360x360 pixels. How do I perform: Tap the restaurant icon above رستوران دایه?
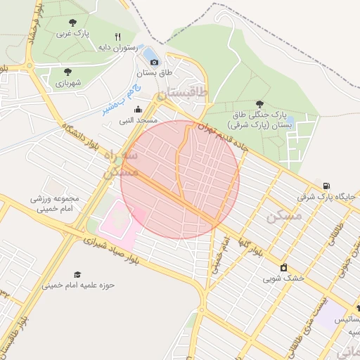coord(118,37)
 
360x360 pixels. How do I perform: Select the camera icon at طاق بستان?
coord(155,62)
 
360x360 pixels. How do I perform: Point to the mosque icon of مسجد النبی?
coord(137,109)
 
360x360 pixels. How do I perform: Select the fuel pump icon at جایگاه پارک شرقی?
coord(325,186)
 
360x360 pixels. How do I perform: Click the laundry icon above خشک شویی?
coord(283,267)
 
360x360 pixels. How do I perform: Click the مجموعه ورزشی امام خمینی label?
coord(55,202)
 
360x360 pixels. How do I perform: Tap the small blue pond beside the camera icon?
coord(150,53)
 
